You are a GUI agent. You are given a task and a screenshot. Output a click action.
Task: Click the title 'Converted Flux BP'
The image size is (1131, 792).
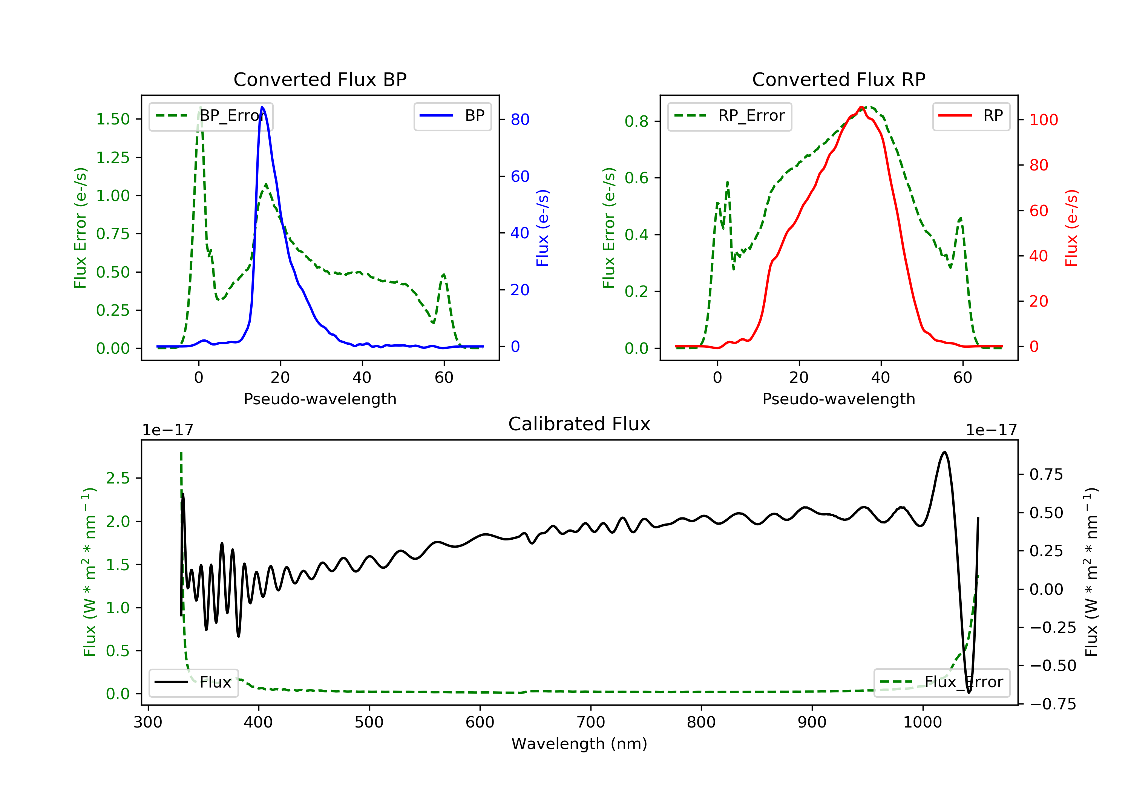pos(320,79)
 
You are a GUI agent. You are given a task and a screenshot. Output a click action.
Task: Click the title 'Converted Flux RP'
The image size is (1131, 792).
pos(838,79)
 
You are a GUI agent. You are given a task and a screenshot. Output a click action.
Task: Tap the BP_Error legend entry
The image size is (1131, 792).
pos(211,116)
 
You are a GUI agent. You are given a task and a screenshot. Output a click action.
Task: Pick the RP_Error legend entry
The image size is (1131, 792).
pos(729,116)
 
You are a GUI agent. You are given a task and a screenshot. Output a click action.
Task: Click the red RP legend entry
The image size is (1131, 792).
pos(970,116)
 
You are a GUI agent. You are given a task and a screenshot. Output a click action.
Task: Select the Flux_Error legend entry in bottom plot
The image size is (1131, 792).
pos(941,682)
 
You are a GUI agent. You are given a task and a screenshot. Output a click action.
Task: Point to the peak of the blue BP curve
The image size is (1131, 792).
pos(262,107)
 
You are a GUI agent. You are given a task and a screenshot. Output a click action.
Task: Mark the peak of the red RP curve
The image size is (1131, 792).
pos(861,107)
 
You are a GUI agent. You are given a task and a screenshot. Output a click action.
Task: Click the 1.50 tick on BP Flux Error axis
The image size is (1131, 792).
pos(113,119)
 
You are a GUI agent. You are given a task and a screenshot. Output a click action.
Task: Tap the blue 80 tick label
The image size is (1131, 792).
pos(520,119)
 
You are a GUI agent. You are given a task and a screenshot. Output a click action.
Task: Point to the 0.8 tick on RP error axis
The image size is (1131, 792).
pos(636,121)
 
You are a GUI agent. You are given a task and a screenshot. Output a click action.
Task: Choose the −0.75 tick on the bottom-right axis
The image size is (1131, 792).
pos(1053,704)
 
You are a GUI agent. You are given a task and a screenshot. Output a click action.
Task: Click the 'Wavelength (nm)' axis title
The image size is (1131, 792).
pos(579,744)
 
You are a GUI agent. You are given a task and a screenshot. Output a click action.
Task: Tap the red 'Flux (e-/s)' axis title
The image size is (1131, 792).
pos(1072,228)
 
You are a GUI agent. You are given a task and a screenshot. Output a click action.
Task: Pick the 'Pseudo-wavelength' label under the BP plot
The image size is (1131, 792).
pos(320,399)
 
